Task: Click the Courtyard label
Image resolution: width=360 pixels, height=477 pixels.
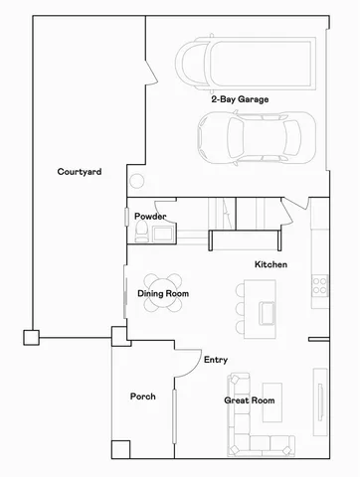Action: pos(80,172)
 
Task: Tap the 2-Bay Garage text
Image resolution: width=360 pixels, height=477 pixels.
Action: pos(239,99)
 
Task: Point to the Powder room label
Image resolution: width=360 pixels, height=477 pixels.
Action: pos(150,216)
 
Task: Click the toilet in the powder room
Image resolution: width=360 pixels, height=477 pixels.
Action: pos(142,233)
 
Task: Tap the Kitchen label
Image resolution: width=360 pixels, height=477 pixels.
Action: pos(270,265)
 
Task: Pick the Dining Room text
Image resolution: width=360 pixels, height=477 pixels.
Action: pos(163,294)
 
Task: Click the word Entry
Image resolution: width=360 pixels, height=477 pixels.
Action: pos(216,360)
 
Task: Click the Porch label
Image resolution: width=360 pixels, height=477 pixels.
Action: pos(143,397)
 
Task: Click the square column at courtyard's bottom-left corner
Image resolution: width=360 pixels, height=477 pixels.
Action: pos(32,337)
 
